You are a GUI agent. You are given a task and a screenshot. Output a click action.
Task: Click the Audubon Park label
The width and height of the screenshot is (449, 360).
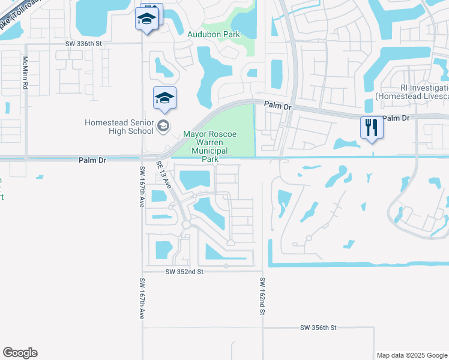coord(213,34)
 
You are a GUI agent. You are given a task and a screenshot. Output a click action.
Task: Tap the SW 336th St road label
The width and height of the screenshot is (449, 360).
coord(85,44)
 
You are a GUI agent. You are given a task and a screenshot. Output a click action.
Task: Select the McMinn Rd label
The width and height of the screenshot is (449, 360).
coord(25,73)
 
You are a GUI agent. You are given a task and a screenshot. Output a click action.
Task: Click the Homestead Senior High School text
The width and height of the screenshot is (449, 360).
coord(119,126)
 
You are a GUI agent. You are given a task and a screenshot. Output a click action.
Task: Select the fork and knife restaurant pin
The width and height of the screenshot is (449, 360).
coord(371,128)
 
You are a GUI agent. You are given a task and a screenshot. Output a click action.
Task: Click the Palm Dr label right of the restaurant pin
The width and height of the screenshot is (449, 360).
coord(396,118)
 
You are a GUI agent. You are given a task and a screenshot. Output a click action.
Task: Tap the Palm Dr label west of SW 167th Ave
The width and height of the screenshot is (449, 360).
coord(92,160)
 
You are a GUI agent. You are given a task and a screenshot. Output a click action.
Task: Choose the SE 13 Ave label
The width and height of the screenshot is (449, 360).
coord(164,175)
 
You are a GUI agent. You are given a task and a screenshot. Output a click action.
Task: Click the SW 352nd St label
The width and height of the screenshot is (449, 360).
coord(185,272)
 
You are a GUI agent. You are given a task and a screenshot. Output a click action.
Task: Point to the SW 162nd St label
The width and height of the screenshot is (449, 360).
coord(263,295)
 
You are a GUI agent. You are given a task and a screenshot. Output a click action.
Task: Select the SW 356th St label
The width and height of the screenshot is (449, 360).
coord(318,328)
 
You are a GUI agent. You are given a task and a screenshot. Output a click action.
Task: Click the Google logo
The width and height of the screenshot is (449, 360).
coord(20,353)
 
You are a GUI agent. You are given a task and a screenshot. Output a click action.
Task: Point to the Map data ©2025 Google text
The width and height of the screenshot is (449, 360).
coord(412,355)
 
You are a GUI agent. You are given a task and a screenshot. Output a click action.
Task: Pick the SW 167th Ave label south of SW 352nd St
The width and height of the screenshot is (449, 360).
coord(142,298)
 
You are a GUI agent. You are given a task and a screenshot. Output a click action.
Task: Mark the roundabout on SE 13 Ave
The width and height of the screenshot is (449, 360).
coord(186,225)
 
